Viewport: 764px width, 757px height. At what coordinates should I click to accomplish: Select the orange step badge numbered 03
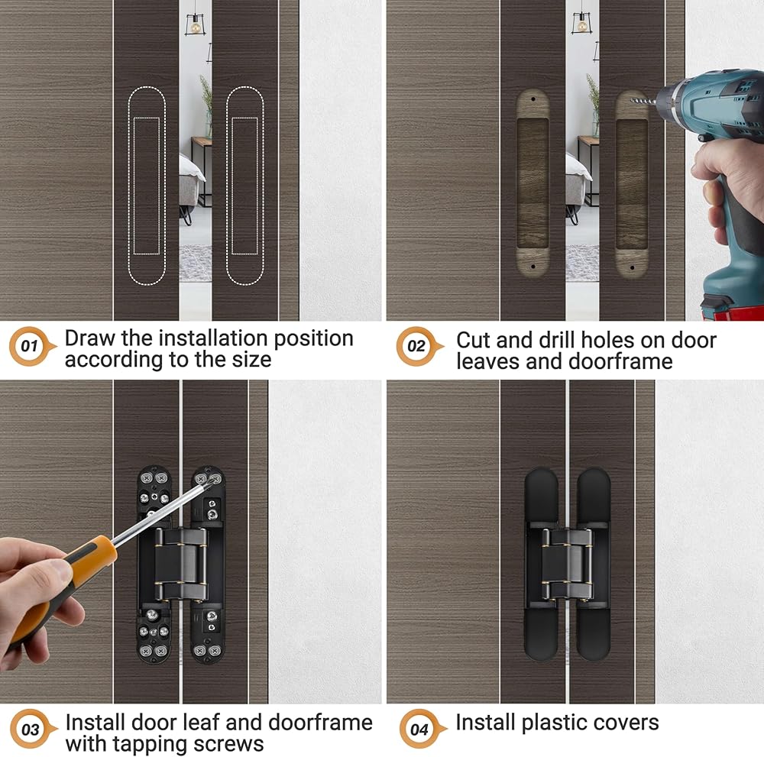pos(31,730)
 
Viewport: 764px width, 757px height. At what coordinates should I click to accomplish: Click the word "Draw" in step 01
pos(90,338)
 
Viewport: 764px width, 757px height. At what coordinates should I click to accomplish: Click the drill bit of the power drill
pos(643,102)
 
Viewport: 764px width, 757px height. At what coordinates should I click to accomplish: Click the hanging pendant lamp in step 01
pos(195,24)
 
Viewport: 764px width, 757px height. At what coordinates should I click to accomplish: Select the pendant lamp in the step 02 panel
pos(581,22)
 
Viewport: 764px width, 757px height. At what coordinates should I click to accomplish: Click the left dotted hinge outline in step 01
pos(128,185)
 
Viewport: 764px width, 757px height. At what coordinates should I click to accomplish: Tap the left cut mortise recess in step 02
pos(533,183)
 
